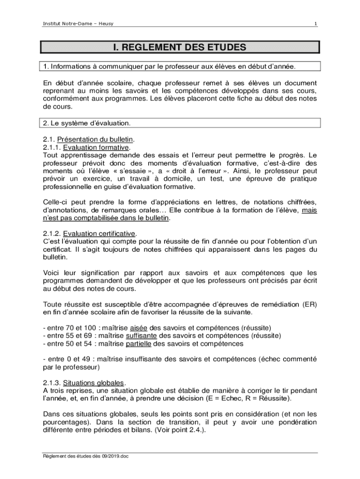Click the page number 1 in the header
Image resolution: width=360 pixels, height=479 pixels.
316,24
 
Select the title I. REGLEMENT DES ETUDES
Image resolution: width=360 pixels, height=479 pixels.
180,47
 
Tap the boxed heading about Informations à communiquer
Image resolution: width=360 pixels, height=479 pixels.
169,66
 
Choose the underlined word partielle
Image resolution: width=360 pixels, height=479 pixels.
139,344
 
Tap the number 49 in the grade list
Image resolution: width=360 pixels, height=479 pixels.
85,359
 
